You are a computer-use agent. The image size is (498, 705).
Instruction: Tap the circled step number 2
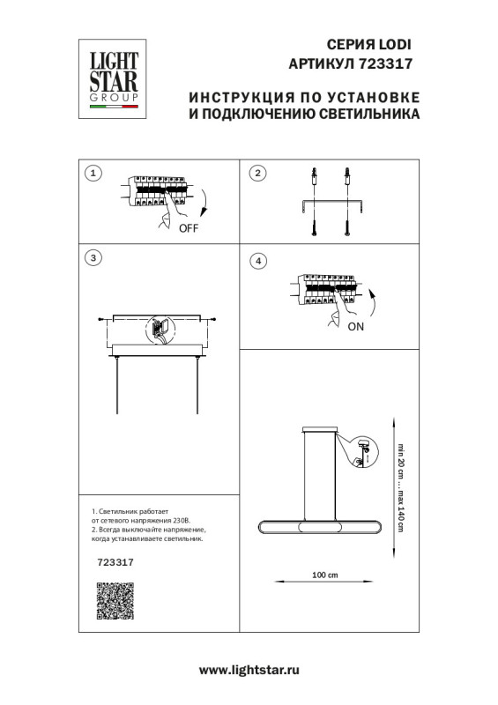(x=257, y=174)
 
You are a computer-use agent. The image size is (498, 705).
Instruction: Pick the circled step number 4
(x=257, y=261)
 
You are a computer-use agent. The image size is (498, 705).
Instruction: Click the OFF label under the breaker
(x=189, y=228)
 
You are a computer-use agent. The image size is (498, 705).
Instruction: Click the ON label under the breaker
(x=356, y=326)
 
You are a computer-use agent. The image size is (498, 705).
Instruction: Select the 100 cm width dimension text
(x=326, y=575)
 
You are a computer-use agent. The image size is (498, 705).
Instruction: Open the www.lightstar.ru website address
(x=249, y=671)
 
